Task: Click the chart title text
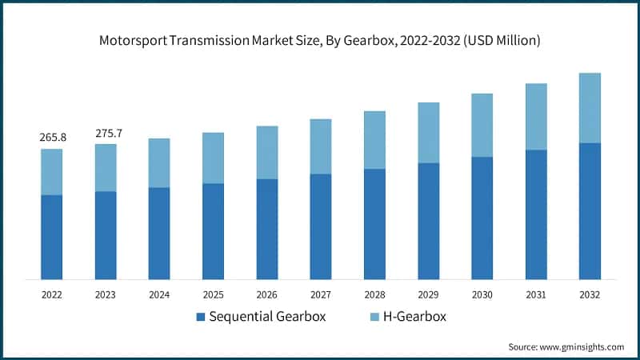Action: point(320,41)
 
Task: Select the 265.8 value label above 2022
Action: point(53,138)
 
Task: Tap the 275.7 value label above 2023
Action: point(106,132)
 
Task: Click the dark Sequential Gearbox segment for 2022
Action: point(52,237)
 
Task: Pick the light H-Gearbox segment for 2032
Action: point(590,108)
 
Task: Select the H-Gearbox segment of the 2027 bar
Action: point(321,146)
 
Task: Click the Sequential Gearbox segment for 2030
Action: point(482,218)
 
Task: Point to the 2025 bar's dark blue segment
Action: point(213,231)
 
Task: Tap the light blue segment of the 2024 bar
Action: point(159,163)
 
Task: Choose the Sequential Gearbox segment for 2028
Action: point(374,224)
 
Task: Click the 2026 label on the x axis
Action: point(266,294)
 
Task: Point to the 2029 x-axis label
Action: point(428,294)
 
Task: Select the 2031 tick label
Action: point(535,294)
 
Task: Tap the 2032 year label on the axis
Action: point(590,294)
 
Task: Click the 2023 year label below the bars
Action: point(106,294)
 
